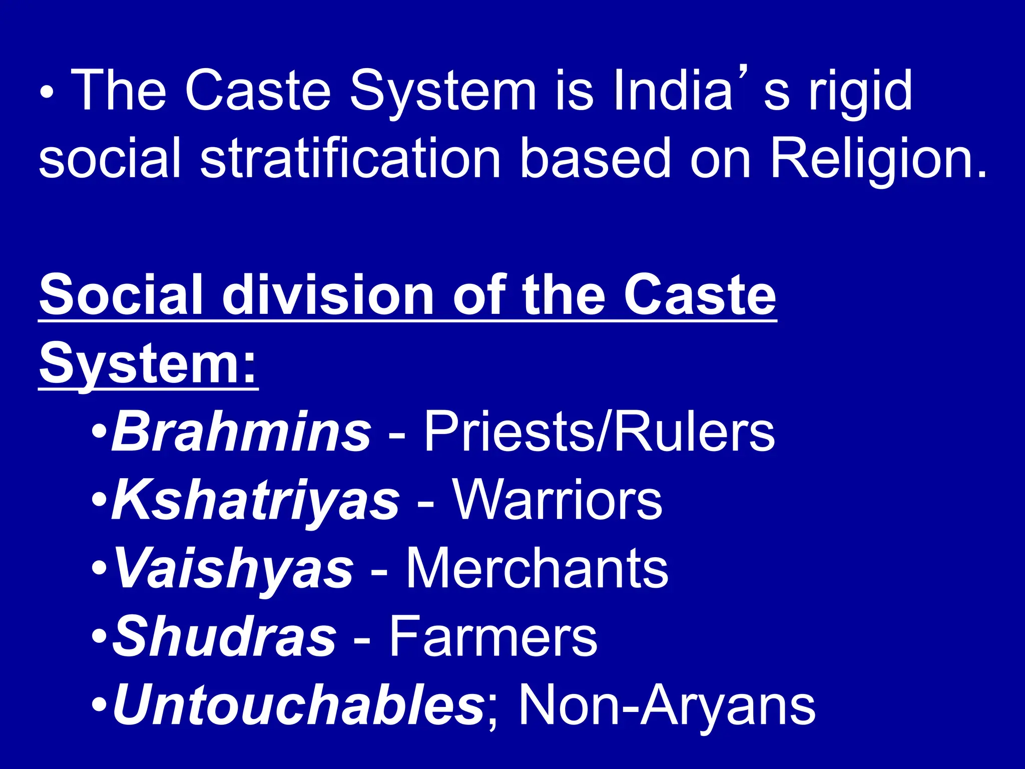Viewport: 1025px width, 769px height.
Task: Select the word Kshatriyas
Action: [256, 500]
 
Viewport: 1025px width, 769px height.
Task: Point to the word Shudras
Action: [224, 637]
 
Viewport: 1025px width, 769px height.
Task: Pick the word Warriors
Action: [558, 500]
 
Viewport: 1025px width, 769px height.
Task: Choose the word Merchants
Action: [537, 569]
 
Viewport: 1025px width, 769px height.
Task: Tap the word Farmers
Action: [493, 637]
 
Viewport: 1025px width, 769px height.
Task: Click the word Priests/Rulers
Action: [599, 431]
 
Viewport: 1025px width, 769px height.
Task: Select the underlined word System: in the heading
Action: [148, 364]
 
